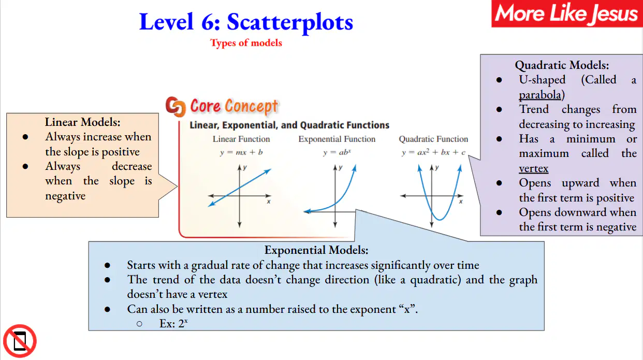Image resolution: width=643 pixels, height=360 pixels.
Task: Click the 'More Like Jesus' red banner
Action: (567, 13)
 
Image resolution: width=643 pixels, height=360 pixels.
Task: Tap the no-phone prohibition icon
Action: (20, 341)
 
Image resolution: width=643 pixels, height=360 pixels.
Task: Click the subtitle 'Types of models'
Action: (246, 43)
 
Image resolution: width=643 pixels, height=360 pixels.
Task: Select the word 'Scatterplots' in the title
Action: (290, 22)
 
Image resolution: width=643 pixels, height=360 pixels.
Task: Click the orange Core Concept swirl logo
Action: (176, 107)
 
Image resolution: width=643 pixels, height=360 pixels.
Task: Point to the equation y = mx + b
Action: (241, 152)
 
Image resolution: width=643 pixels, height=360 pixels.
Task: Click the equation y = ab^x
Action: (337, 152)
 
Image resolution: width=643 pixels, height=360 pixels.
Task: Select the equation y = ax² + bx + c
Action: (433, 152)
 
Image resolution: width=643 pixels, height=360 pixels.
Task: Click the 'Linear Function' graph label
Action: (241, 139)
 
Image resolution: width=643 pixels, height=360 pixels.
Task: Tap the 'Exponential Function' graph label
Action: (337, 139)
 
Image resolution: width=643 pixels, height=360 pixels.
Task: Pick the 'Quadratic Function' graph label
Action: (433, 139)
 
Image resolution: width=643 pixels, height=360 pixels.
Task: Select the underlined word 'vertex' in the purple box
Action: (533, 168)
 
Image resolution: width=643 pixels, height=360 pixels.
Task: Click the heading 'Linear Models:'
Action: (82, 122)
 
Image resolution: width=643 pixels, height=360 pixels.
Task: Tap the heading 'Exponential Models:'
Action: (316, 250)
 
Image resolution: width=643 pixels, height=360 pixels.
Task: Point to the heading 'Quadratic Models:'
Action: (562, 65)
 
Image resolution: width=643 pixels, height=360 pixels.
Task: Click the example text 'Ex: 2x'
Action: (173, 324)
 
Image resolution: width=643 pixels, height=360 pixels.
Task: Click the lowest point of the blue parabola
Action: (440, 220)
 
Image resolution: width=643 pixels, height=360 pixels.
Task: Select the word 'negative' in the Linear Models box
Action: (65, 196)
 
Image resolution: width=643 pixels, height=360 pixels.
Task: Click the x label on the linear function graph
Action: (268, 201)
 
